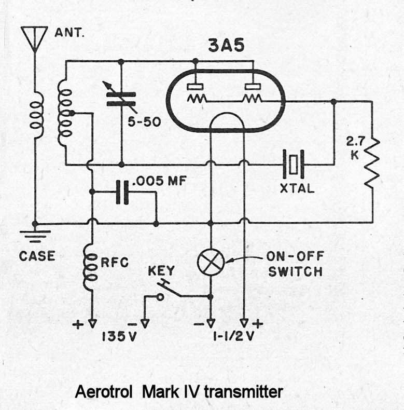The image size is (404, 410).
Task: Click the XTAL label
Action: point(297,188)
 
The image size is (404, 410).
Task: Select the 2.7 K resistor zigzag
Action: point(372,163)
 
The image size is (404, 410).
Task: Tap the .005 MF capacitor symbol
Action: point(122,192)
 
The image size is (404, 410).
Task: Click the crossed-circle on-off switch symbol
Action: point(211,263)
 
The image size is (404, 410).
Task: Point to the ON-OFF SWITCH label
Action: point(294,264)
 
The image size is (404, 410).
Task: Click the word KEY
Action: point(161,271)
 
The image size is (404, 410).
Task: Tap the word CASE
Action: point(37,256)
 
